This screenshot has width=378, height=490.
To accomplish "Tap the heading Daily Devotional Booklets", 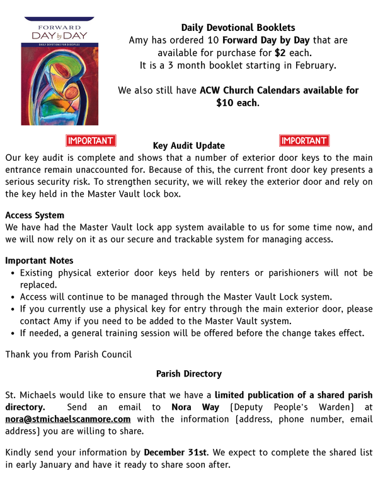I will click(238, 27).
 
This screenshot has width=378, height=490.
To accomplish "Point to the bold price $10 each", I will click(237, 103).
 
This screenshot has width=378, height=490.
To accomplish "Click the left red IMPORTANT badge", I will click(91, 141).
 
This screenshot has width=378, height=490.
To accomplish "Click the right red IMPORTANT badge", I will click(304, 141).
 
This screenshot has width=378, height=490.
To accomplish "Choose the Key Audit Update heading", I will click(188, 146).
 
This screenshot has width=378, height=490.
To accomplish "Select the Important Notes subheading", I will click(39, 260).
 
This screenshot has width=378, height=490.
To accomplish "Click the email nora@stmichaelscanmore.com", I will click(68, 419).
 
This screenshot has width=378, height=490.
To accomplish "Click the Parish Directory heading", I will click(188, 374).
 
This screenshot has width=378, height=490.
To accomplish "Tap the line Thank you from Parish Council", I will click(69, 354).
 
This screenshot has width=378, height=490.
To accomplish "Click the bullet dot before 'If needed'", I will click(13, 334).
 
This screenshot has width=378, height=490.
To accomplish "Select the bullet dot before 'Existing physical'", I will click(13, 274).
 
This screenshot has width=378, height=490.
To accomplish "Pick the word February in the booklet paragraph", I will click(312, 65).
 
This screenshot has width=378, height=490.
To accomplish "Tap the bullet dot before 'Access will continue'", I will click(13, 297).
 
